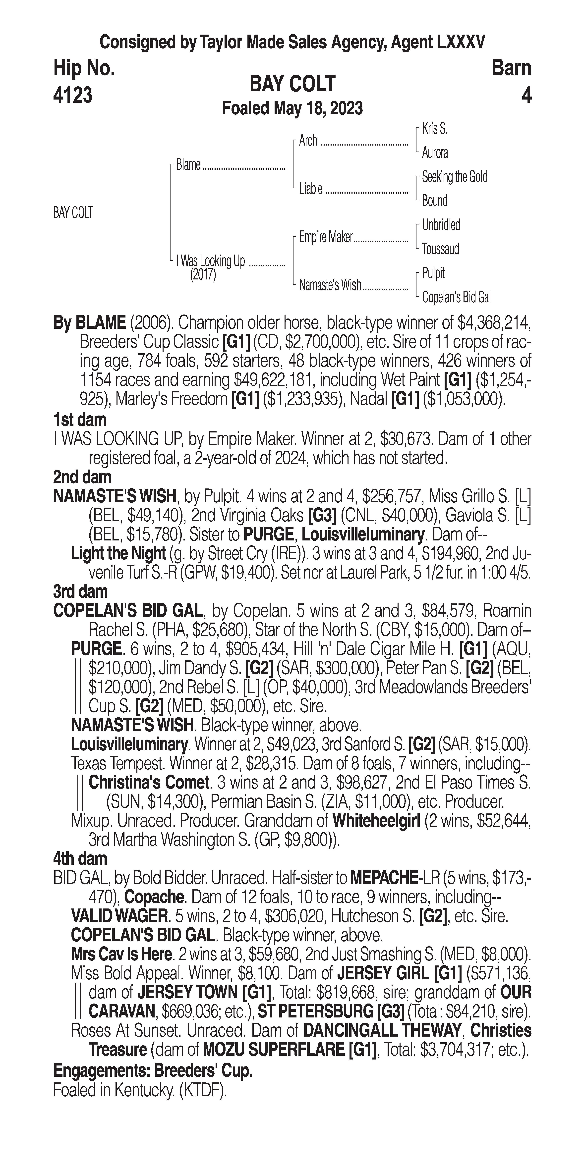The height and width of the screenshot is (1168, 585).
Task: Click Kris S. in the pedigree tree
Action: coord(434,129)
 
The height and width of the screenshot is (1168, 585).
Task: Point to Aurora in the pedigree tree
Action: coord(434,153)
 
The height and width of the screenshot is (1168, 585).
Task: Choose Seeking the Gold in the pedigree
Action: coord(454,177)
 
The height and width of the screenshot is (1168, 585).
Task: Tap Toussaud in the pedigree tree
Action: coord(440,249)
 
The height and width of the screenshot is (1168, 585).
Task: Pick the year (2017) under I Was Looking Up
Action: coord(203,275)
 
